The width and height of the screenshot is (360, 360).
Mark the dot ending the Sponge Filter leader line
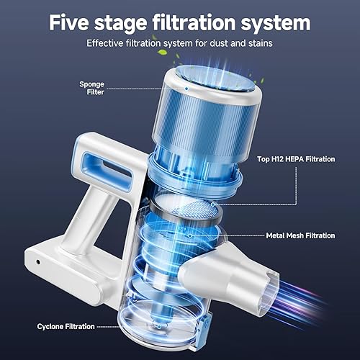[x=185, y=89]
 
